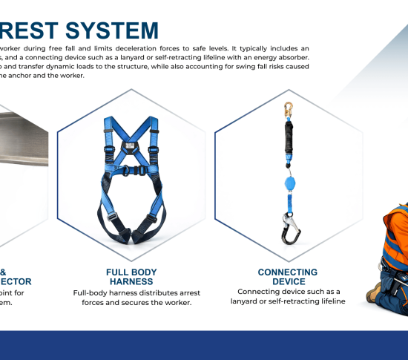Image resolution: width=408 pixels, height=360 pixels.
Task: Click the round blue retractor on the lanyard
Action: coord(287,183)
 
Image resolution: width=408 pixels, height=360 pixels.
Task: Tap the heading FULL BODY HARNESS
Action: coord(132,277)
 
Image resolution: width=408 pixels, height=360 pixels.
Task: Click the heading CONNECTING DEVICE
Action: coord(288,277)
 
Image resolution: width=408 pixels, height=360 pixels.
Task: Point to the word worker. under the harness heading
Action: coord(174,302)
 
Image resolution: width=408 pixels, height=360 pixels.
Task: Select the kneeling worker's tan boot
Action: coord(374,292)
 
